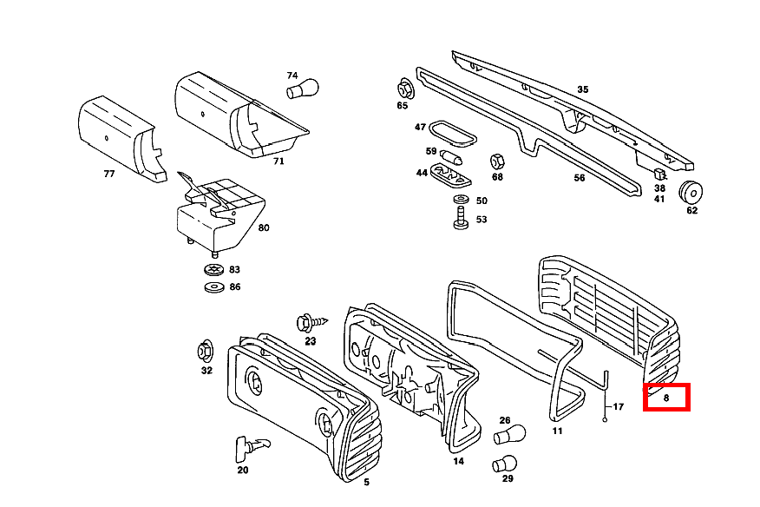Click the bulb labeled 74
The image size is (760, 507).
303,89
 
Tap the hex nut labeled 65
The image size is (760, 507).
404,89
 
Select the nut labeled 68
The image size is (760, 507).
497,162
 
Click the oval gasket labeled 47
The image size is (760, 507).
453,134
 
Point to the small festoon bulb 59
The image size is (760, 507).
451,157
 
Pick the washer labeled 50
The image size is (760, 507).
461,200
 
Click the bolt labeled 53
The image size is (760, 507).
461,218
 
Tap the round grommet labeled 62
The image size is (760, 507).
691,193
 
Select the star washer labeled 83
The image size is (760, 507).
213,269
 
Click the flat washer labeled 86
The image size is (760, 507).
214,287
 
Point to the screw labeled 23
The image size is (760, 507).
312,322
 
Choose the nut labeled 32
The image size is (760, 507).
206,352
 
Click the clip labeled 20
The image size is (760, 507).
252,448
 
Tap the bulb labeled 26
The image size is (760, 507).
510,434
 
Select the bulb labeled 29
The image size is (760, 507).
505,464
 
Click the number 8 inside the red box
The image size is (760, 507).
666,398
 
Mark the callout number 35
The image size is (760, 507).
583,89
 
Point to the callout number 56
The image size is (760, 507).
580,178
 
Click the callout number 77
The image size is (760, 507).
109,174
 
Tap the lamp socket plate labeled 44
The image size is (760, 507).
451,174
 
